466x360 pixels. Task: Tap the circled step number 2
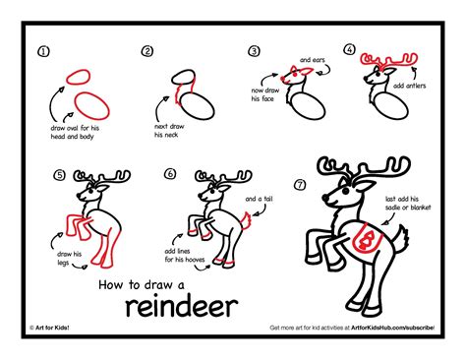click(147, 51)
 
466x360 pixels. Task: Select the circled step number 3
click(254, 51)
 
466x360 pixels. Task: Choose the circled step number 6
click(169, 175)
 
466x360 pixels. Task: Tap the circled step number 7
click(300, 183)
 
